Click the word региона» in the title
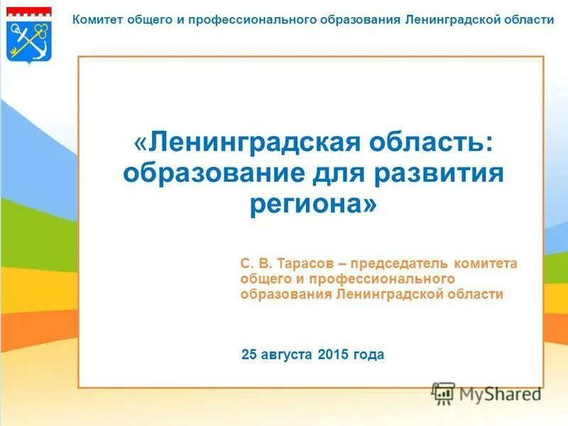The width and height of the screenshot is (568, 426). point(313,204)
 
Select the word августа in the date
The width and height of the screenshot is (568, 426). point(288,354)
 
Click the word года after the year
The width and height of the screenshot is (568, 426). point(368,354)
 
